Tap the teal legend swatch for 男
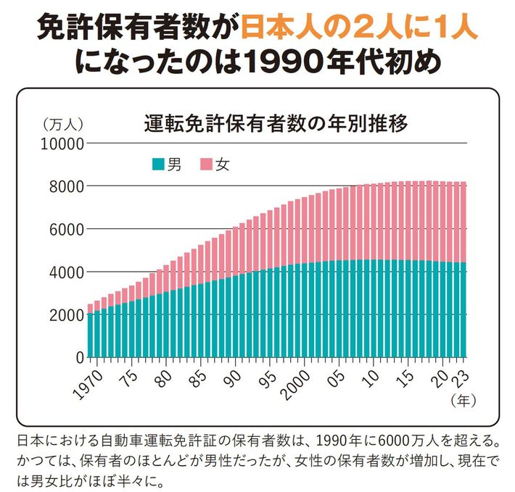coord(157,164)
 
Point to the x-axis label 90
coord(233,375)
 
